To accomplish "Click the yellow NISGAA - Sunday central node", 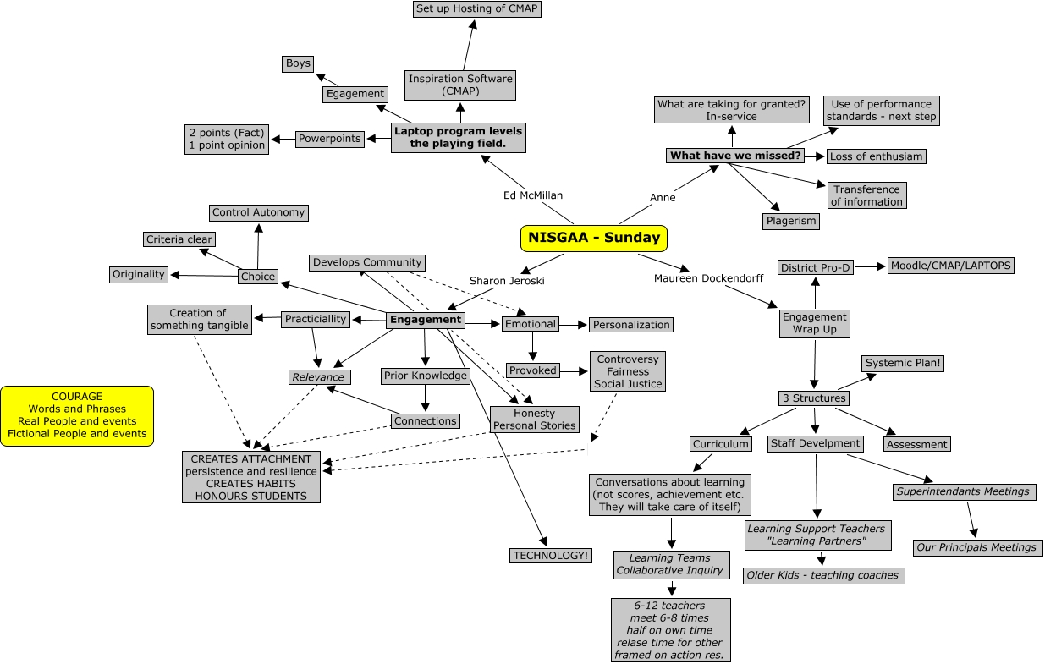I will (593, 238).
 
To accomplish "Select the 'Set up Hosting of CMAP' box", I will (476, 9).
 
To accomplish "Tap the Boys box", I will (298, 63).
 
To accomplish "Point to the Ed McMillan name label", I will (532, 195).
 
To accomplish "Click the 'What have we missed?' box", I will (734, 156).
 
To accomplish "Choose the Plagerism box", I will (791, 221).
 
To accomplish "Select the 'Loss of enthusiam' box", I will (876, 156).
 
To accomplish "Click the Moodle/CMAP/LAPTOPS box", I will (950, 266).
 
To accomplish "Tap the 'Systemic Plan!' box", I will (903, 363).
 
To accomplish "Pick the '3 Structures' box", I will (812, 398).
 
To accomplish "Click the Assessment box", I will (917, 444).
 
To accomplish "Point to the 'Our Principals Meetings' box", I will (977, 547).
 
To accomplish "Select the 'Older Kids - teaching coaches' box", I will (822, 575).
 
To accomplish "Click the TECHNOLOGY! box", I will (551, 556).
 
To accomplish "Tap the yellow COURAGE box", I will (77, 415).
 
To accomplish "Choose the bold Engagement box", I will (426, 320).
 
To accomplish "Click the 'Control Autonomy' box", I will (258, 212).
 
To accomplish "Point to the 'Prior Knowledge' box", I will (425, 376).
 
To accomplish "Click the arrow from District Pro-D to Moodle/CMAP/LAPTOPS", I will (869, 266).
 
